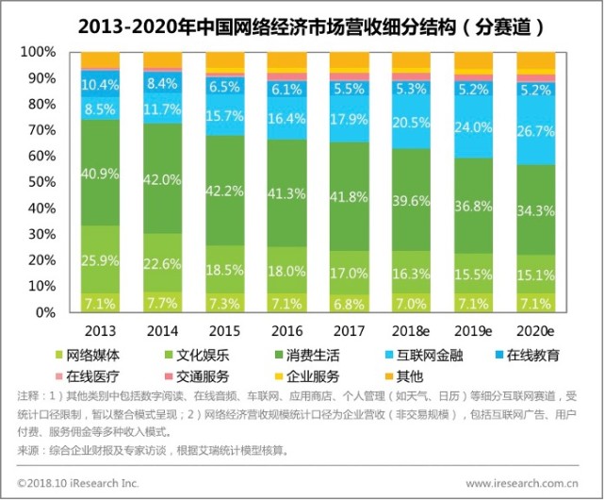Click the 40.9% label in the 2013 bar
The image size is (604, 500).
click(99, 174)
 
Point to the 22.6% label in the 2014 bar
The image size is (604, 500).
click(161, 264)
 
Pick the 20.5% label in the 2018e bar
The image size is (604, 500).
click(411, 123)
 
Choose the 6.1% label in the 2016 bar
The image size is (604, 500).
click(286, 90)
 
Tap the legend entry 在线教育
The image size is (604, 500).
click(531, 356)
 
